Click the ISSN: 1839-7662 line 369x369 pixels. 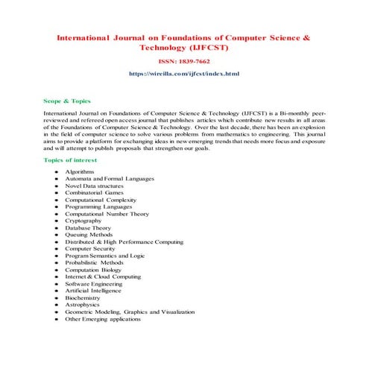click(x=184, y=63)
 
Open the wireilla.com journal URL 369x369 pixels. click(x=184, y=75)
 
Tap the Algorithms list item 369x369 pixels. click(x=79, y=172)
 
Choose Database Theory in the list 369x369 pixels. click(x=87, y=228)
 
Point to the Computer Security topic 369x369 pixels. click(x=89, y=249)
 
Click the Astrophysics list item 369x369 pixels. click(x=82, y=305)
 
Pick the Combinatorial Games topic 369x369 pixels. click(x=94, y=193)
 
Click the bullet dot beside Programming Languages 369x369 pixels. click(x=57, y=207)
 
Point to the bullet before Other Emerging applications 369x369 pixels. click(x=57, y=319)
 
